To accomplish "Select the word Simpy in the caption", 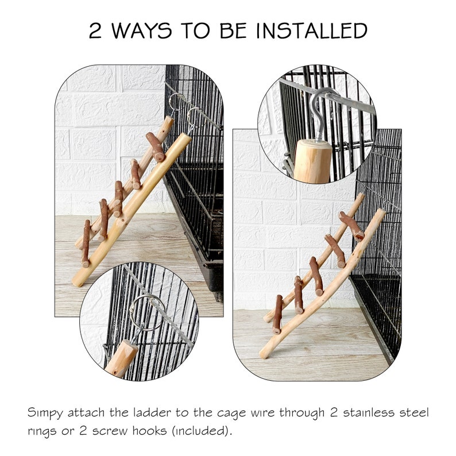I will click(44, 413).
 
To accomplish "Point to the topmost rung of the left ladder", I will click(156, 146).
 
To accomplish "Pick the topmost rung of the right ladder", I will click(351, 225).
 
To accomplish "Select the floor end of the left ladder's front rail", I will click(76, 282).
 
